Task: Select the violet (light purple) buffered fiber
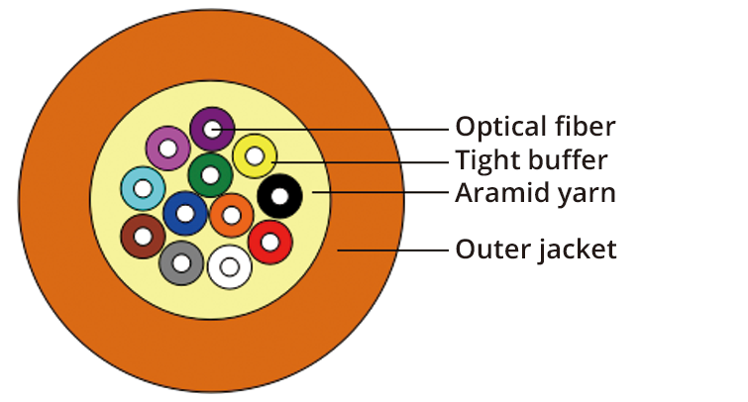167,149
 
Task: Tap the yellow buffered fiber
255,155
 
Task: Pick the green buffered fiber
210,176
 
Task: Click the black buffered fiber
280,196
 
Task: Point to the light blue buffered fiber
143,188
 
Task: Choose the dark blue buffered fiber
185,213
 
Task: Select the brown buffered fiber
143,237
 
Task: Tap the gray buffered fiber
181,262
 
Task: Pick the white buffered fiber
230,266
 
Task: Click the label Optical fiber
535,127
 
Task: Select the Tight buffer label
531,159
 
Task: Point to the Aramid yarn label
535,193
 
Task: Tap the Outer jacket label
535,250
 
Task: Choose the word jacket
579,250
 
